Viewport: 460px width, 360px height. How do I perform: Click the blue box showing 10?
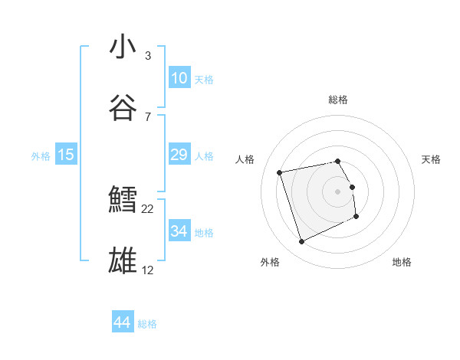(179, 78)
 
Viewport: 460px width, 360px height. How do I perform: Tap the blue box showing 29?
(179, 155)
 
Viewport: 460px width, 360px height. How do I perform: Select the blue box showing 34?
(179, 231)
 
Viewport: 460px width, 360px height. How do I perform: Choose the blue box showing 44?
(122, 322)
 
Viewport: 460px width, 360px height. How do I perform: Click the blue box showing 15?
(66, 155)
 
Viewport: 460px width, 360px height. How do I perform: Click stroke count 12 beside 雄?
(147, 270)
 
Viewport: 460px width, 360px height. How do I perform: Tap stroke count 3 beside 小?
(147, 56)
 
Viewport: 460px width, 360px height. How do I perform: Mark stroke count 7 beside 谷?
(147, 116)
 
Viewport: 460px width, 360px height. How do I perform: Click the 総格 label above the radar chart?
(338, 100)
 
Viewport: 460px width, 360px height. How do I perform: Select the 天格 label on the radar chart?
(432, 159)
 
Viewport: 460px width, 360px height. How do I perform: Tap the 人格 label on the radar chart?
(245, 159)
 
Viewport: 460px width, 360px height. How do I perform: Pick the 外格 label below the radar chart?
(270, 262)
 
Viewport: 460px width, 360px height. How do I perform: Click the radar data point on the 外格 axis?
(301, 242)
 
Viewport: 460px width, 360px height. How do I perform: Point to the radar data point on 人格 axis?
(280, 172)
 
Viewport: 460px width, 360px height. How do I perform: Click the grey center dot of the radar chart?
(338, 191)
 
